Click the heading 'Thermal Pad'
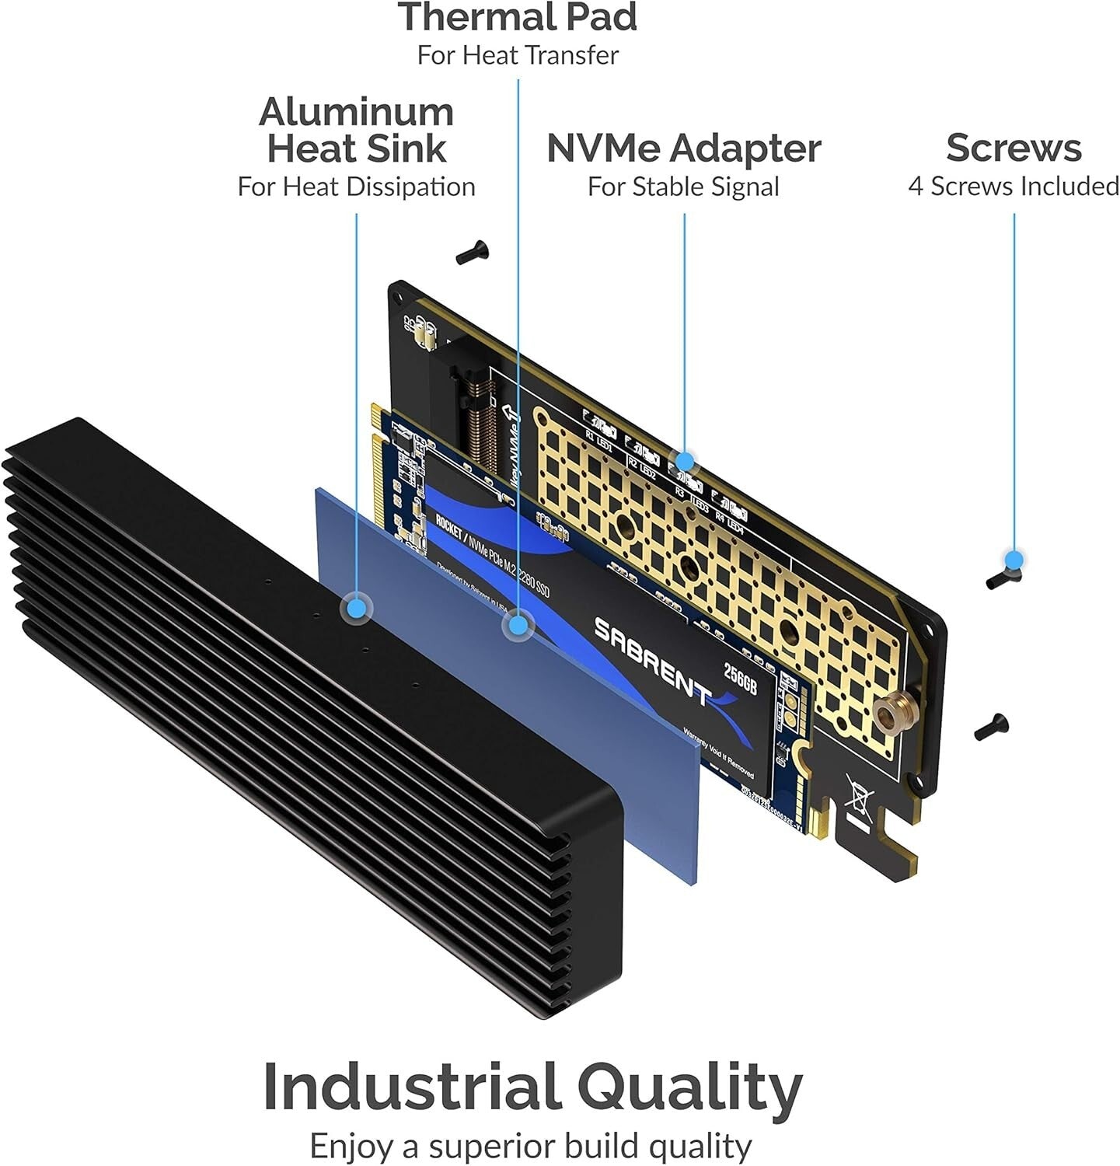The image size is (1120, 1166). coord(518,17)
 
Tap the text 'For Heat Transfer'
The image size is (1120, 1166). coord(518,55)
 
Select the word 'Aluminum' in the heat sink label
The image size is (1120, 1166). coord(356,113)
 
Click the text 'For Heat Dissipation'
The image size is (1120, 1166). coord(356,187)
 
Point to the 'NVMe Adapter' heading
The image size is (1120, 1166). coord(683,148)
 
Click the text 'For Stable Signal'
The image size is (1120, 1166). coord(683,187)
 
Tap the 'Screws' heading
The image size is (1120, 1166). coord(1014,148)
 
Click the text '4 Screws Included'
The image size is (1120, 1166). coord(1014,187)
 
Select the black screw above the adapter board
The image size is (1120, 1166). coord(471,252)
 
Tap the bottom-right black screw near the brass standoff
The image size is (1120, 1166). coord(991,727)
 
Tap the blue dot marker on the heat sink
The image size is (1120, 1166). coord(357,608)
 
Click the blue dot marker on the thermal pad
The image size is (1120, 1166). coord(518,624)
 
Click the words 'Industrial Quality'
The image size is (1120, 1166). coord(532,1087)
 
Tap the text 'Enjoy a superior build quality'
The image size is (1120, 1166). coord(532,1146)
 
